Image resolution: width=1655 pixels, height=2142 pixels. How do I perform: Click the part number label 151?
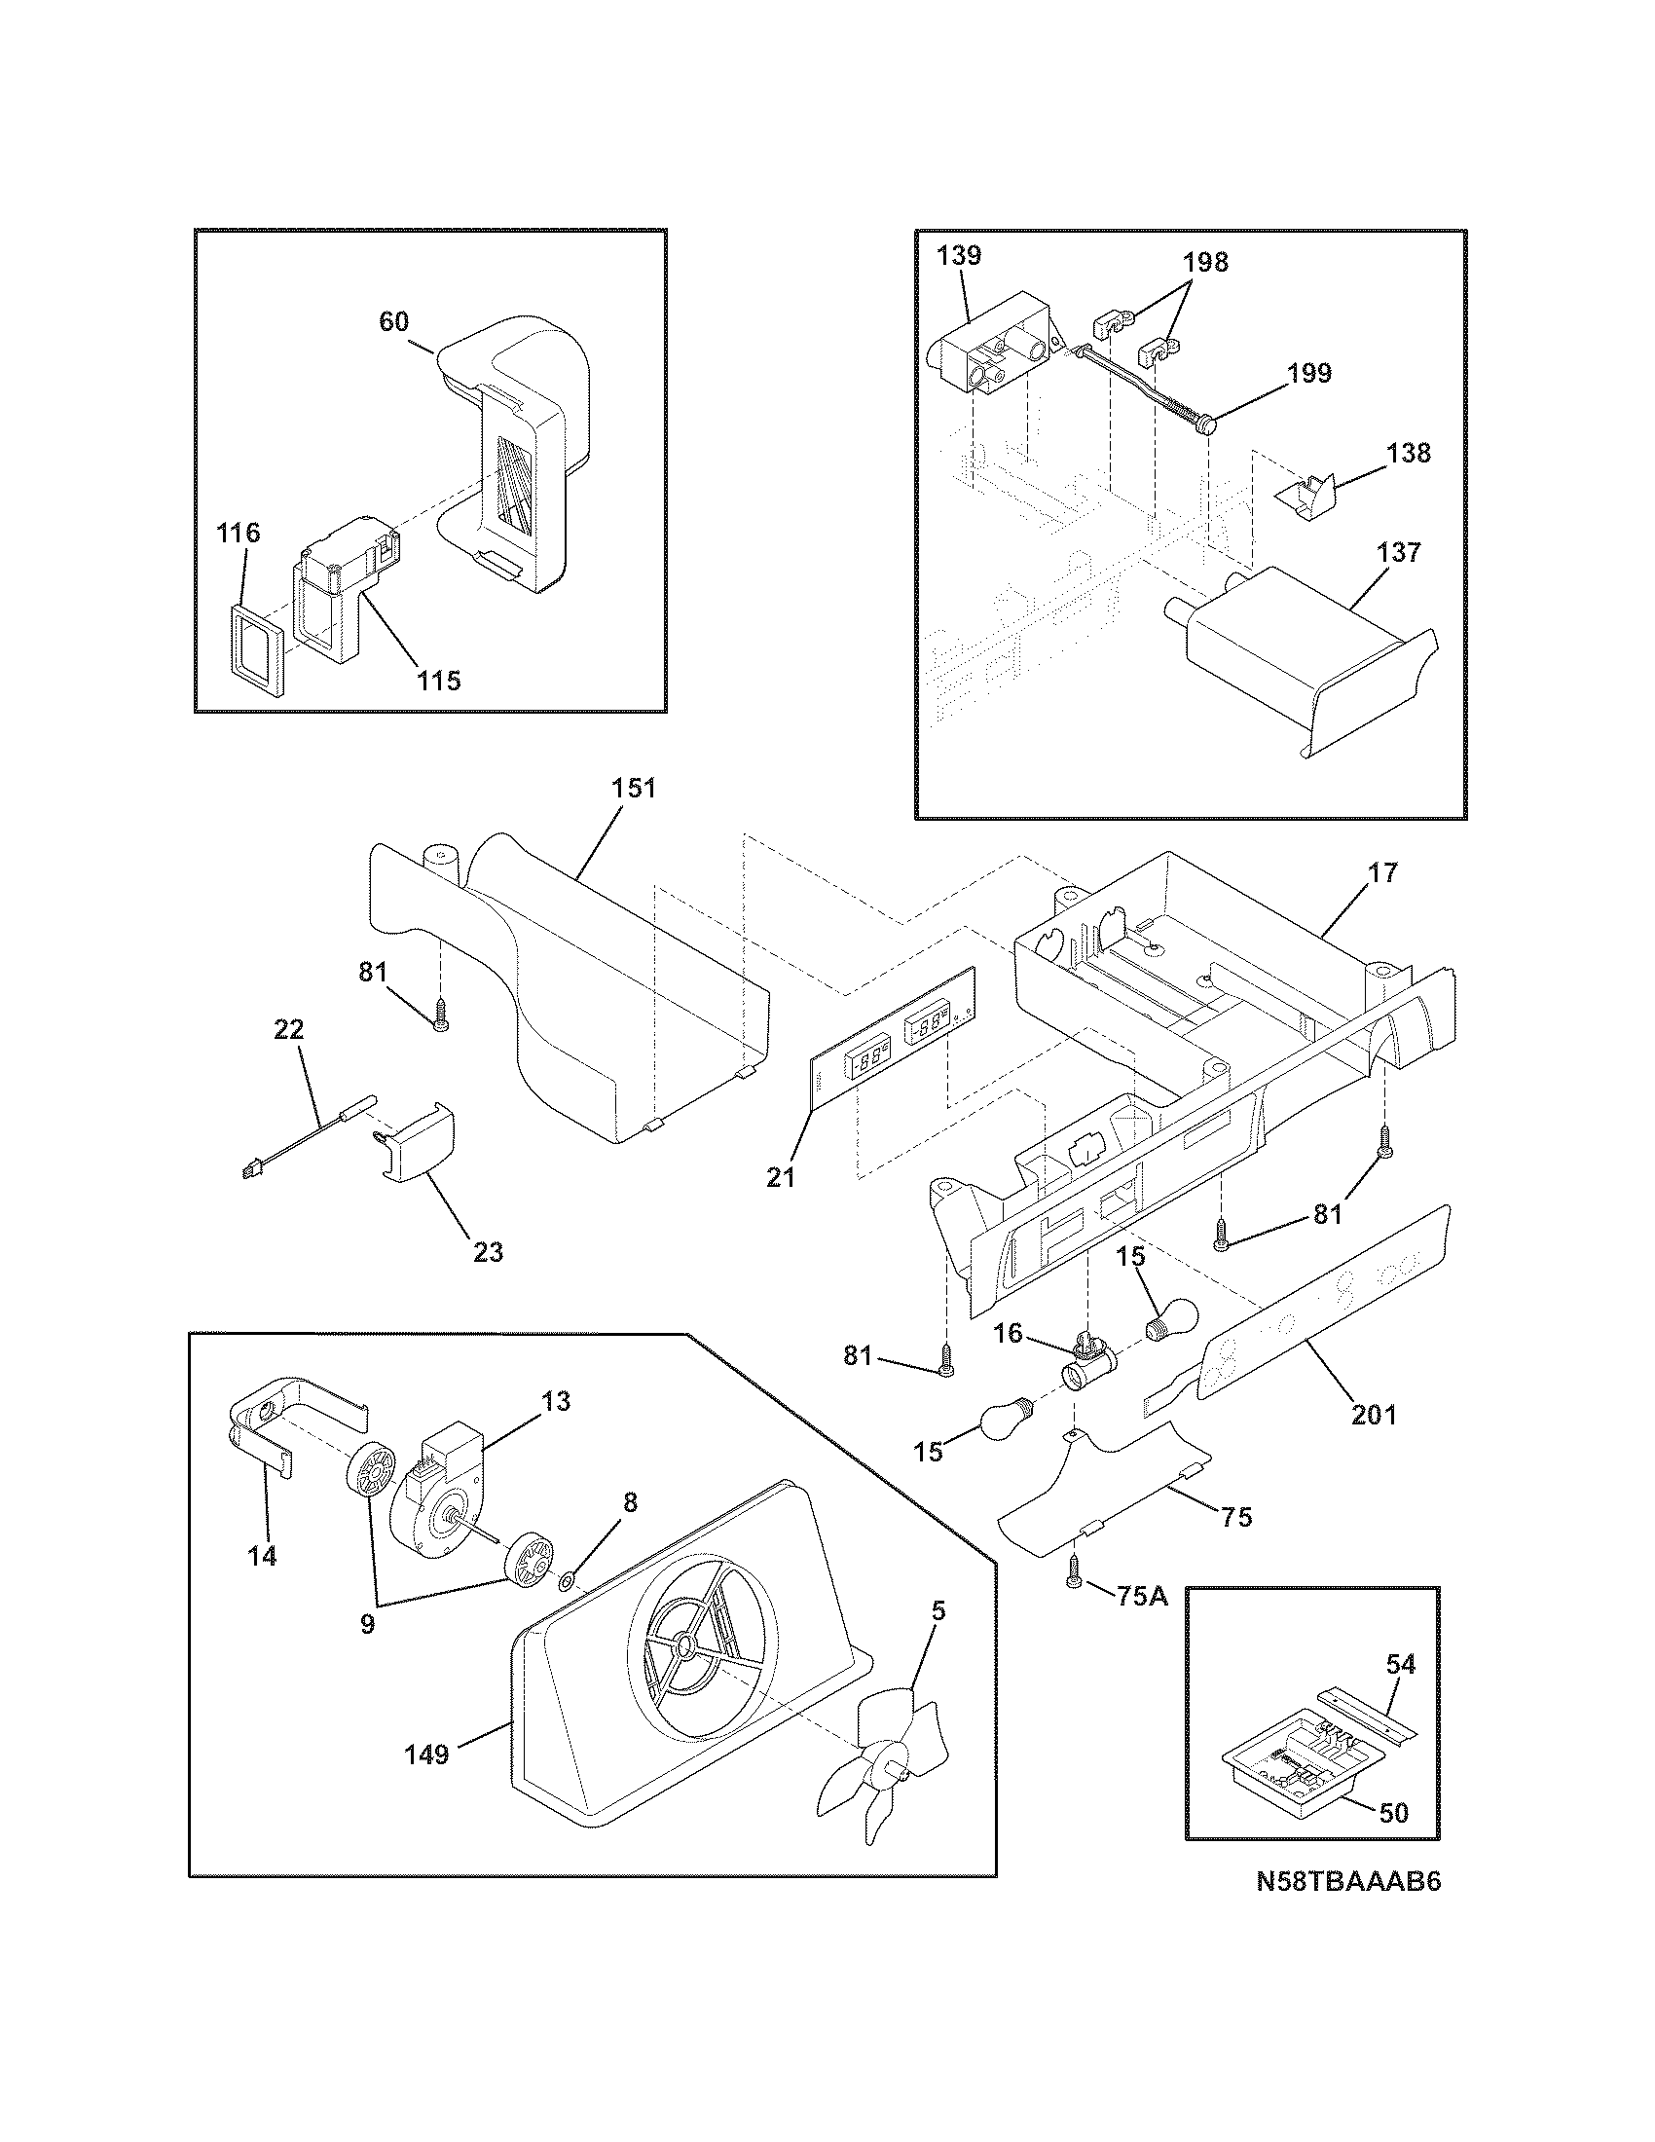[x=634, y=789]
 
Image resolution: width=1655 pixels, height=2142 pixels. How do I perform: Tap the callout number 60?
[x=393, y=321]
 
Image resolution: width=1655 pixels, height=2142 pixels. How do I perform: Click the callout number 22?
[x=289, y=1030]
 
